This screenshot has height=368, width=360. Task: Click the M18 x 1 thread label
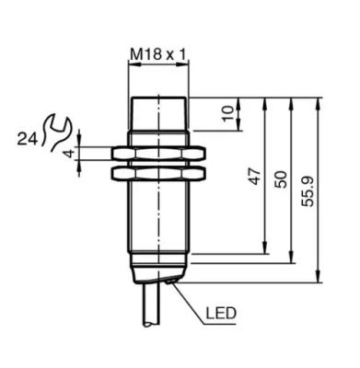158,54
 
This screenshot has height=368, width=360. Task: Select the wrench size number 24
28,139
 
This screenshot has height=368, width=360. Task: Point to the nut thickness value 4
71,153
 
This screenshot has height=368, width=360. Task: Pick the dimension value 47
255,177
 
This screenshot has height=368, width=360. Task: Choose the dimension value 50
281,179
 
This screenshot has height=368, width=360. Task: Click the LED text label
221,314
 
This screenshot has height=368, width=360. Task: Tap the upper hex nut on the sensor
158,154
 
